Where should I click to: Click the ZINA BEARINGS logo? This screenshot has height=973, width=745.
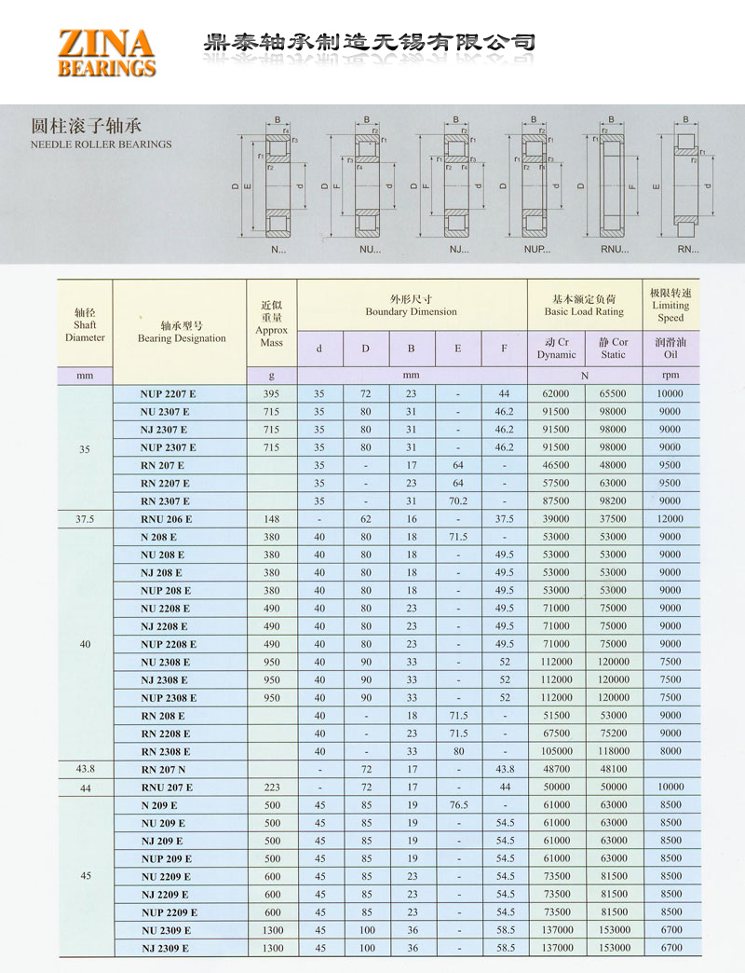(106, 52)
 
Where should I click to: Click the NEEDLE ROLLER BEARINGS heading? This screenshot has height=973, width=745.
(102, 144)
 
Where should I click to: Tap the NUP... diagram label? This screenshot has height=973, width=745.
(537, 250)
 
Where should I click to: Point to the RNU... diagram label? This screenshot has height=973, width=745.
(615, 250)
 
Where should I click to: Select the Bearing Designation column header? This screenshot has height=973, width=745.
(182, 332)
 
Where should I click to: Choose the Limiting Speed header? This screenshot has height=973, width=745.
(670, 305)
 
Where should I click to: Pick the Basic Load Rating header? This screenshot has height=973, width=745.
(585, 305)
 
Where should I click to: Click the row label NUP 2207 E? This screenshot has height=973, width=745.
(169, 394)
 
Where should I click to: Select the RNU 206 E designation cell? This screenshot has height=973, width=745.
(167, 519)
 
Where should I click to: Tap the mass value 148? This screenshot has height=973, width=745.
(271, 519)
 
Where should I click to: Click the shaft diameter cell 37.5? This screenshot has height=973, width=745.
(85, 519)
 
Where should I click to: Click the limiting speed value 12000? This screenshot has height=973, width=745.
(670, 519)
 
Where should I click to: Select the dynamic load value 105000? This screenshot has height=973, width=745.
(557, 751)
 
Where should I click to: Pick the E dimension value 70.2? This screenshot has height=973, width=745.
(458, 501)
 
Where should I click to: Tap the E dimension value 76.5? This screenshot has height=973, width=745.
(458, 805)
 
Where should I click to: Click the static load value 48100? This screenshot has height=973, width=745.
(614, 769)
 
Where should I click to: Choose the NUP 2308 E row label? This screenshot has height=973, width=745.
(169, 698)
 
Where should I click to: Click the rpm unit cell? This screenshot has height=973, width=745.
(670, 376)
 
